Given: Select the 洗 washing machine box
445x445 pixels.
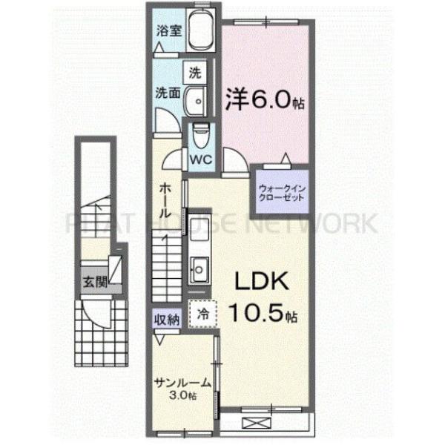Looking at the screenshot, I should [x=194, y=73].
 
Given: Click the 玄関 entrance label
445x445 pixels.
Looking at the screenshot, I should [x=93, y=282].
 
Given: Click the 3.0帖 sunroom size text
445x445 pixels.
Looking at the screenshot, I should [x=182, y=397].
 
